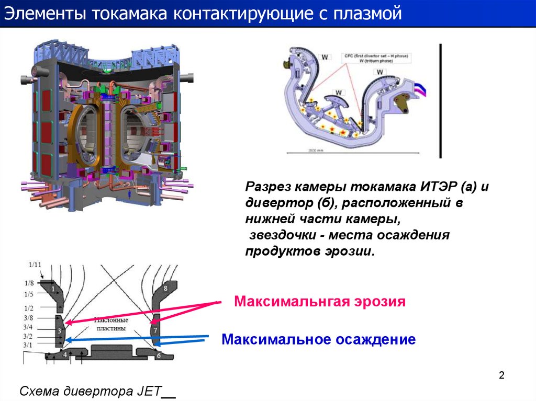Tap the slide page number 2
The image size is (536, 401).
(x=501, y=375)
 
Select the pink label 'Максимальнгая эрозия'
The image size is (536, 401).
(x=320, y=302)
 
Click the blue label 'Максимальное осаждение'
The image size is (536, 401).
(x=319, y=339)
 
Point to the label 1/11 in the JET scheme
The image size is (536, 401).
(x=35, y=265)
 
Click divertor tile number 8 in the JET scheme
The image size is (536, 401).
(x=165, y=288)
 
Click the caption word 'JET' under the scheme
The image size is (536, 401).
(x=145, y=391)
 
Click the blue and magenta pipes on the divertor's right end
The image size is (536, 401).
(x=419, y=90)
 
